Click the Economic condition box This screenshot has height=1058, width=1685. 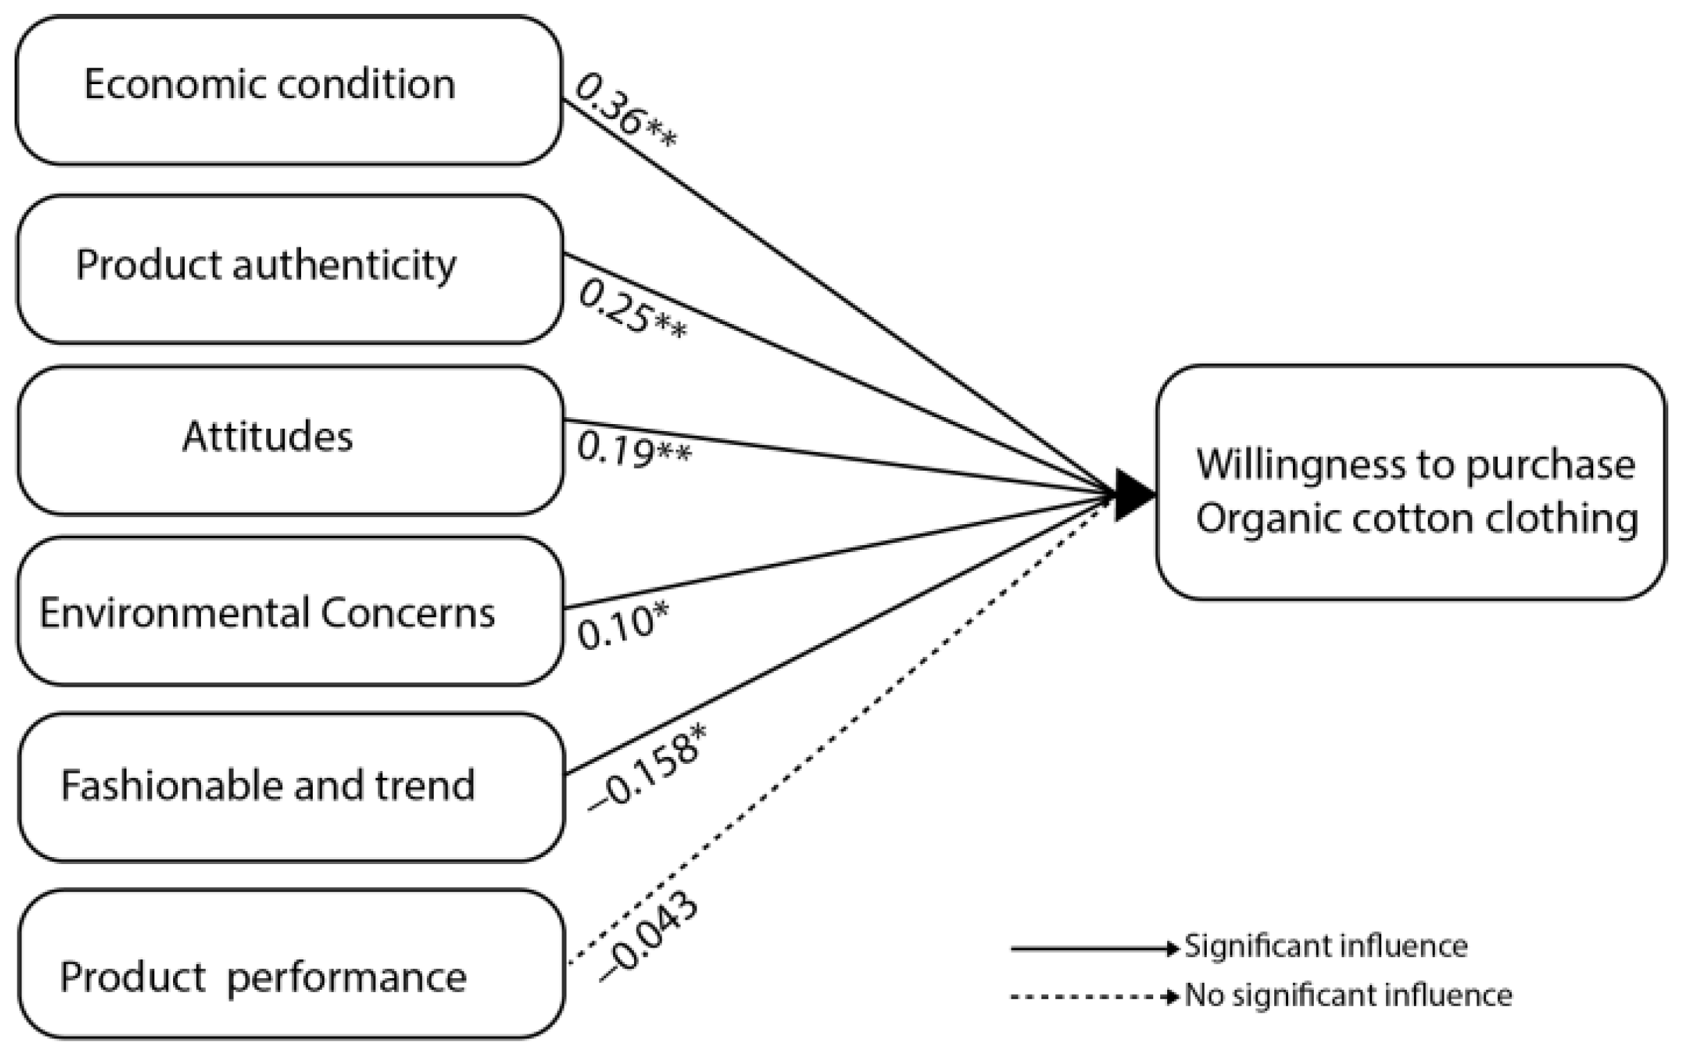pos(288,91)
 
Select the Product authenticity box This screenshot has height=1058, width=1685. pos(290,269)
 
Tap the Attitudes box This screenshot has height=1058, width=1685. pos(290,440)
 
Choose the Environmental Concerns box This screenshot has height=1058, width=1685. pos(290,611)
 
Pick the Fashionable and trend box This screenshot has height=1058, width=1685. pos(291,786)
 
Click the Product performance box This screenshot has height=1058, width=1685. pos(291,963)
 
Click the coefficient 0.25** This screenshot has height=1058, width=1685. pos(632,310)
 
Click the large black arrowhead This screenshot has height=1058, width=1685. pos(1132,495)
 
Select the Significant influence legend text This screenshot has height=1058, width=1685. pos(1326,947)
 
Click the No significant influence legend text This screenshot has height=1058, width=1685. pos(1348,995)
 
